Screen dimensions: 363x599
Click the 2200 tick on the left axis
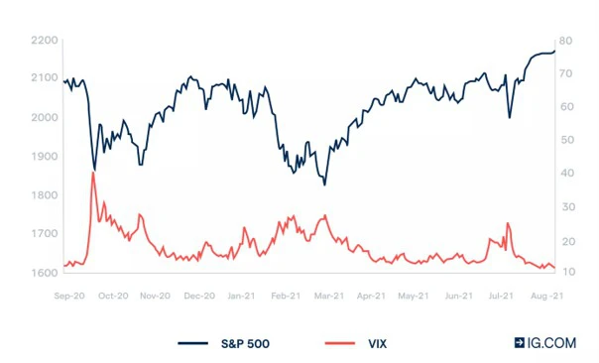click(x=44, y=40)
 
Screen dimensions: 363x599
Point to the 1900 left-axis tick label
click(x=44, y=156)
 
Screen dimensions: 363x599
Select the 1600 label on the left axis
click(x=44, y=272)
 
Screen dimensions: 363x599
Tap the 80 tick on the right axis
click(x=565, y=40)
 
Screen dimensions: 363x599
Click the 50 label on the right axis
click(x=565, y=140)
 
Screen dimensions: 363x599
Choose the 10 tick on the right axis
click(x=565, y=272)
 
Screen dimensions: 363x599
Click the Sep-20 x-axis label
click(x=67, y=295)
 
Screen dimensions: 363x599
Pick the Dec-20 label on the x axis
click(x=201, y=295)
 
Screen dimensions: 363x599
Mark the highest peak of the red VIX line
click(x=93, y=173)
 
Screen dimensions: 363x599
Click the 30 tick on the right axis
click(x=565, y=206)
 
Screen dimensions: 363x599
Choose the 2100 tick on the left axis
click(x=44, y=78)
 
